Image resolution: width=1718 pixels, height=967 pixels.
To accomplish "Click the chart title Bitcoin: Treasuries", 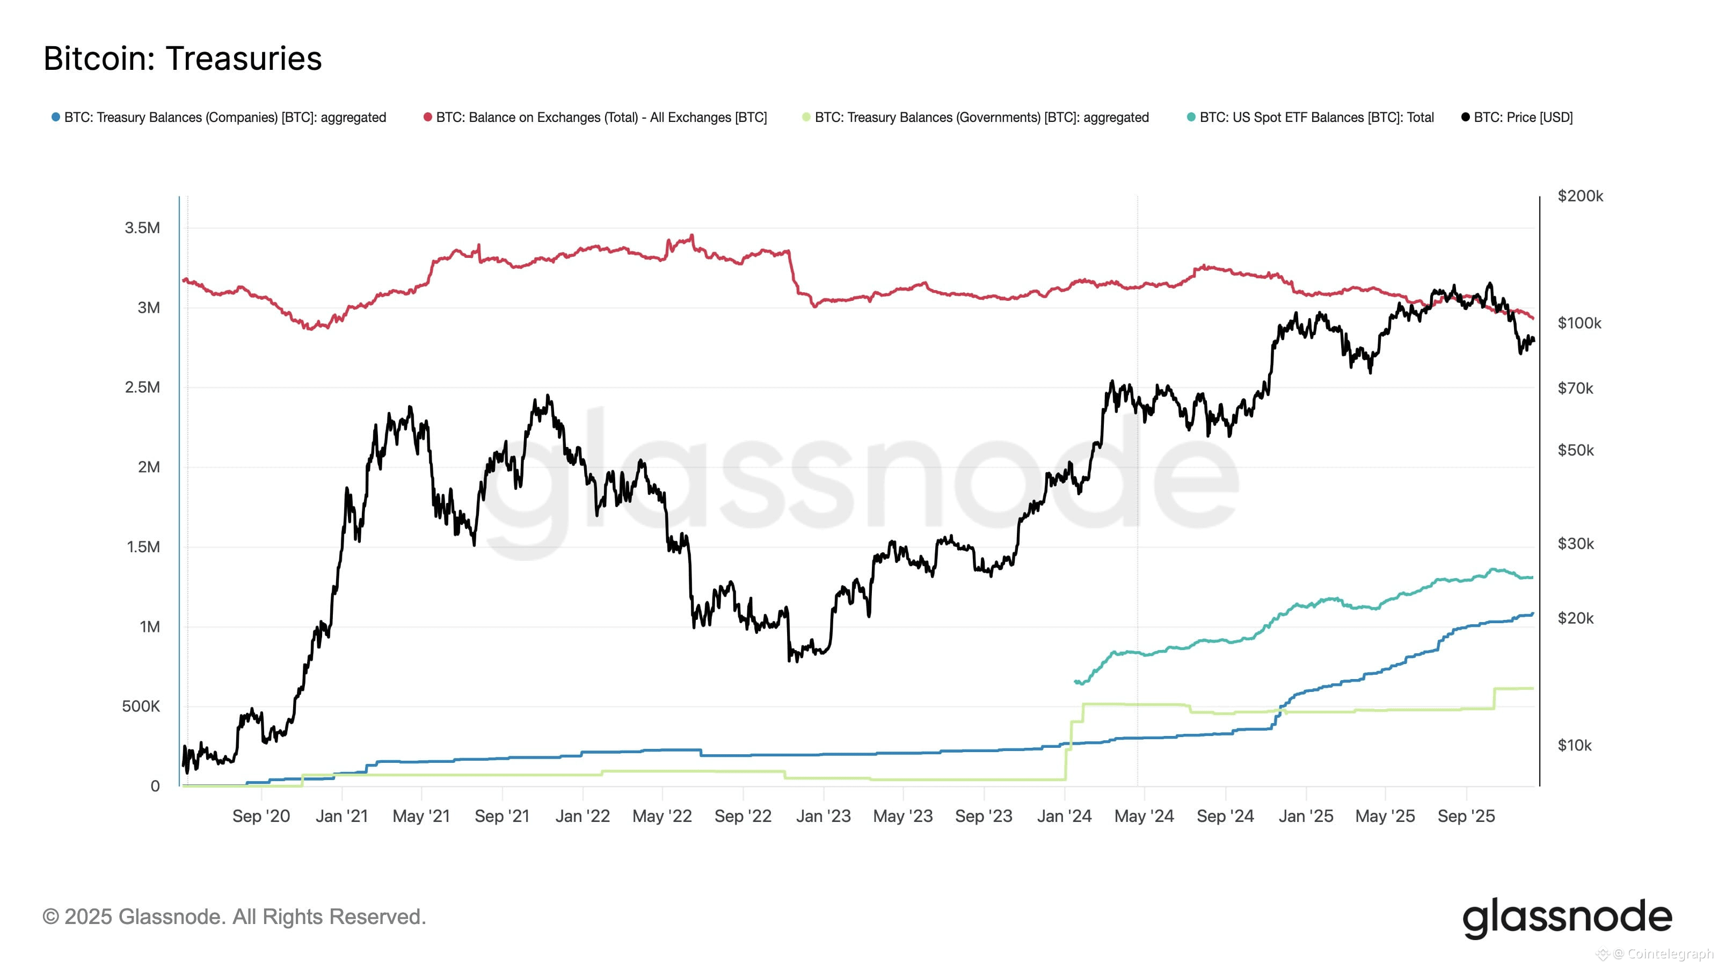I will (182, 59).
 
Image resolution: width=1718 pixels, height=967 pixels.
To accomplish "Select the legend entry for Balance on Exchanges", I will (600, 118).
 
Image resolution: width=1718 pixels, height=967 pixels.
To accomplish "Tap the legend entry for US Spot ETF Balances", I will (1315, 118).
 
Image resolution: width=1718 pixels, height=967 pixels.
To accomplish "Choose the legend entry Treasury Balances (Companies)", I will (224, 118).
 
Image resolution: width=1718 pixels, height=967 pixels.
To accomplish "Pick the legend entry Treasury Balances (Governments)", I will (980, 118).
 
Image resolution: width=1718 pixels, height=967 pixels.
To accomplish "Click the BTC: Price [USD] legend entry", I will (1522, 118).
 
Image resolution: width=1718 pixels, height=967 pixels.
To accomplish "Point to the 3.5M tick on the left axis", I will (142, 228).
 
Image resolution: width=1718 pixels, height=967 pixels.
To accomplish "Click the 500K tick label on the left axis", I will (141, 706).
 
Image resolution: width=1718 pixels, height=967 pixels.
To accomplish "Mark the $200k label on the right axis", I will (1580, 196).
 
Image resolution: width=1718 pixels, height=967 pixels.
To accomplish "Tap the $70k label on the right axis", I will (1575, 388).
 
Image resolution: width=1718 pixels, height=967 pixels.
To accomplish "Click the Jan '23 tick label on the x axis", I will (823, 816).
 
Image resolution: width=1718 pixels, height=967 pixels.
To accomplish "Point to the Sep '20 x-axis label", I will (261, 816).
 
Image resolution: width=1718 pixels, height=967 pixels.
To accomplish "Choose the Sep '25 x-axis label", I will (1466, 816).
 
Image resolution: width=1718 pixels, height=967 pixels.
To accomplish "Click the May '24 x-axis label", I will (1144, 816).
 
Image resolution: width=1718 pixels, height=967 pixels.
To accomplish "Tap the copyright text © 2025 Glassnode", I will (234, 917).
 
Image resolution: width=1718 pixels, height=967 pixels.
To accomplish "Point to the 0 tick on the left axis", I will (155, 786).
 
